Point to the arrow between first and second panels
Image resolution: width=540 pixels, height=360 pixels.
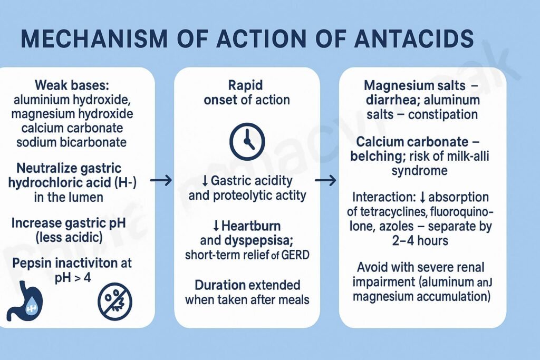point(161,181)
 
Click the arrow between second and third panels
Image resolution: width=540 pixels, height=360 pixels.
point(325,181)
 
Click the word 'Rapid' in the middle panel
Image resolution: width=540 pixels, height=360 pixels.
point(246,85)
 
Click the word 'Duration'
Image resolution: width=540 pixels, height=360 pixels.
point(220,285)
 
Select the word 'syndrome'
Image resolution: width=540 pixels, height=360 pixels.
point(419,171)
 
